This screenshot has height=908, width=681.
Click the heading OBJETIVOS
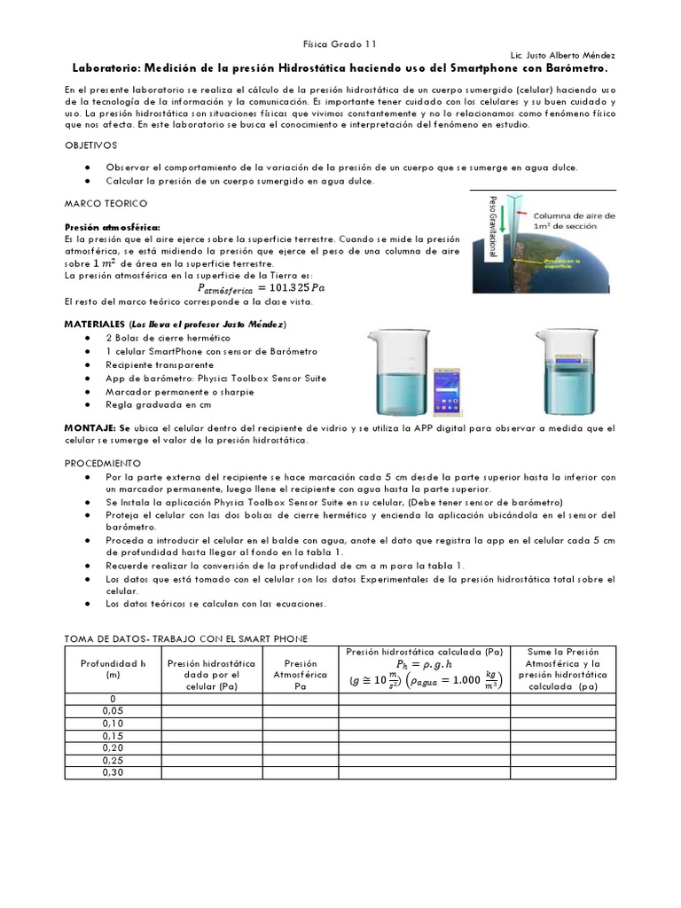click(91, 145)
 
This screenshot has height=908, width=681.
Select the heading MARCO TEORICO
click(106, 204)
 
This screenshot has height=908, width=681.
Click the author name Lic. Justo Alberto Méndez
click(562, 55)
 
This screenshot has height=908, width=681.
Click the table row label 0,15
click(113, 736)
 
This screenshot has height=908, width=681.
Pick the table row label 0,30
click(113, 773)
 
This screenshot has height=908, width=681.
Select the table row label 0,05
click(113, 711)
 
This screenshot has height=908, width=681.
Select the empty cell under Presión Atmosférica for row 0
click(301, 699)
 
